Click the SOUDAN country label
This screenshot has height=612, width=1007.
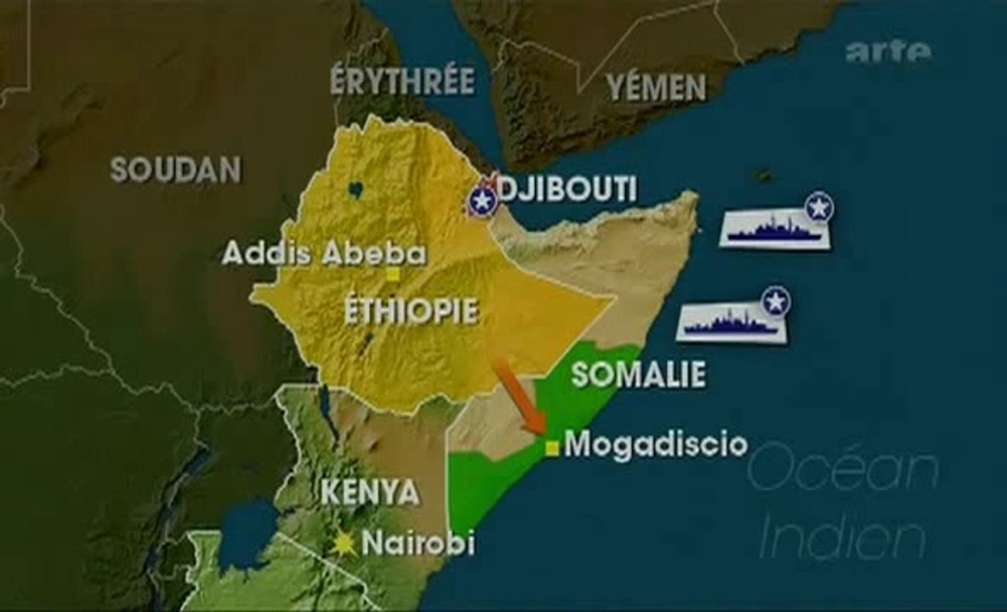(x=175, y=170)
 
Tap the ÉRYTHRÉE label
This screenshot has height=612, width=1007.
(x=402, y=81)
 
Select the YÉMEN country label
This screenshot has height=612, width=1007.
(x=656, y=87)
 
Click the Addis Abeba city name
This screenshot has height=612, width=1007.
(x=324, y=253)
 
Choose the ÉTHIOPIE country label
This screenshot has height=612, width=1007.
(x=411, y=311)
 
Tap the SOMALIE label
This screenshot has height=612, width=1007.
(x=638, y=375)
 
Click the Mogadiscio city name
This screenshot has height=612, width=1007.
(x=656, y=444)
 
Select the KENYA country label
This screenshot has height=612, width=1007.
(x=371, y=492)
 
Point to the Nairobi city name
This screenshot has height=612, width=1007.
(x=418, y=543)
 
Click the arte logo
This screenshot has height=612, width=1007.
(x=888, y=52)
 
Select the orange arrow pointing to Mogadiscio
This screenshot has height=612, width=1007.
(x=520, y=396)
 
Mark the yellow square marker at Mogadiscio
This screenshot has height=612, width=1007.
(x=552, y=448)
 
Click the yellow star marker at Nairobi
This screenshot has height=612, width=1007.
(x=344, y=544)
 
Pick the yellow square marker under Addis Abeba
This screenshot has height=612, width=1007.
(x=393, y=275)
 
